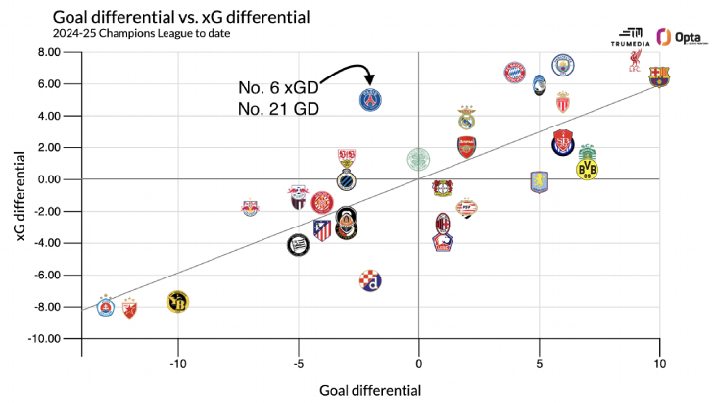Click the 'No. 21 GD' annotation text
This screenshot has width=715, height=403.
(279, 110)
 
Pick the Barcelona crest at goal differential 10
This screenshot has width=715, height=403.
(659, 77)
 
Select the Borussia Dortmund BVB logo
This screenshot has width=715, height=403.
(587, 169)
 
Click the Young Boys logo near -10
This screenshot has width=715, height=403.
(177, 301)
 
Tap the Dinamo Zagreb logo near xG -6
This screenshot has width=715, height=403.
(371, 280)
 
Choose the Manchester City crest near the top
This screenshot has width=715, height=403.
(562, 65)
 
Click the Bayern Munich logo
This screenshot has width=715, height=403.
(515, 73)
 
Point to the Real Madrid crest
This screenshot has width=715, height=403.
(467, 118)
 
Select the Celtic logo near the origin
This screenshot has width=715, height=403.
(418, 159)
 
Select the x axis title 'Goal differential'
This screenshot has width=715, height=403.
(370, 390)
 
